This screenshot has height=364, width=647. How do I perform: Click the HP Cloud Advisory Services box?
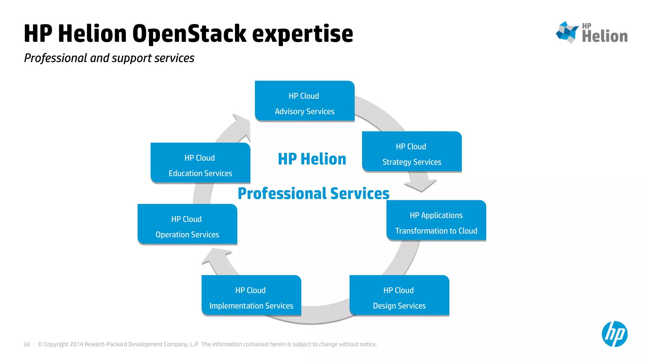pos(305,101)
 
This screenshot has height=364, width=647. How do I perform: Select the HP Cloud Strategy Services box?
pos(412,152)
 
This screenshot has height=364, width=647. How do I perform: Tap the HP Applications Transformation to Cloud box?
pos(436,221)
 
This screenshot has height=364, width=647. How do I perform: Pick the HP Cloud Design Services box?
pos(399,295)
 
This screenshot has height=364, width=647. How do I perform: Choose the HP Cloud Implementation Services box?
pos(251,295)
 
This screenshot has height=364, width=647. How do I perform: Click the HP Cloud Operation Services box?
pos(187,224)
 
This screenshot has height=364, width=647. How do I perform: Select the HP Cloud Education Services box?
pos(200,163)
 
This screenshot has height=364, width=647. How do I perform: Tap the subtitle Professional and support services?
pos(109,58)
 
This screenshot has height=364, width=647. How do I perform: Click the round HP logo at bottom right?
pos(614,334)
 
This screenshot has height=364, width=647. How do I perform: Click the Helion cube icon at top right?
pos(567,32)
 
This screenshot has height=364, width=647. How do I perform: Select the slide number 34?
pos(27,344)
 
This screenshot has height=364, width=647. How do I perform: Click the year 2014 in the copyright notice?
pos(76,344)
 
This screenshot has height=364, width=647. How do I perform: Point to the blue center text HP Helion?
pos(312,159)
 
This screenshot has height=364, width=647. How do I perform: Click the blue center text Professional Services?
pos(313,193)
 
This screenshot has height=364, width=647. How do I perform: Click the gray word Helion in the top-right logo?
pos(605,36)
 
